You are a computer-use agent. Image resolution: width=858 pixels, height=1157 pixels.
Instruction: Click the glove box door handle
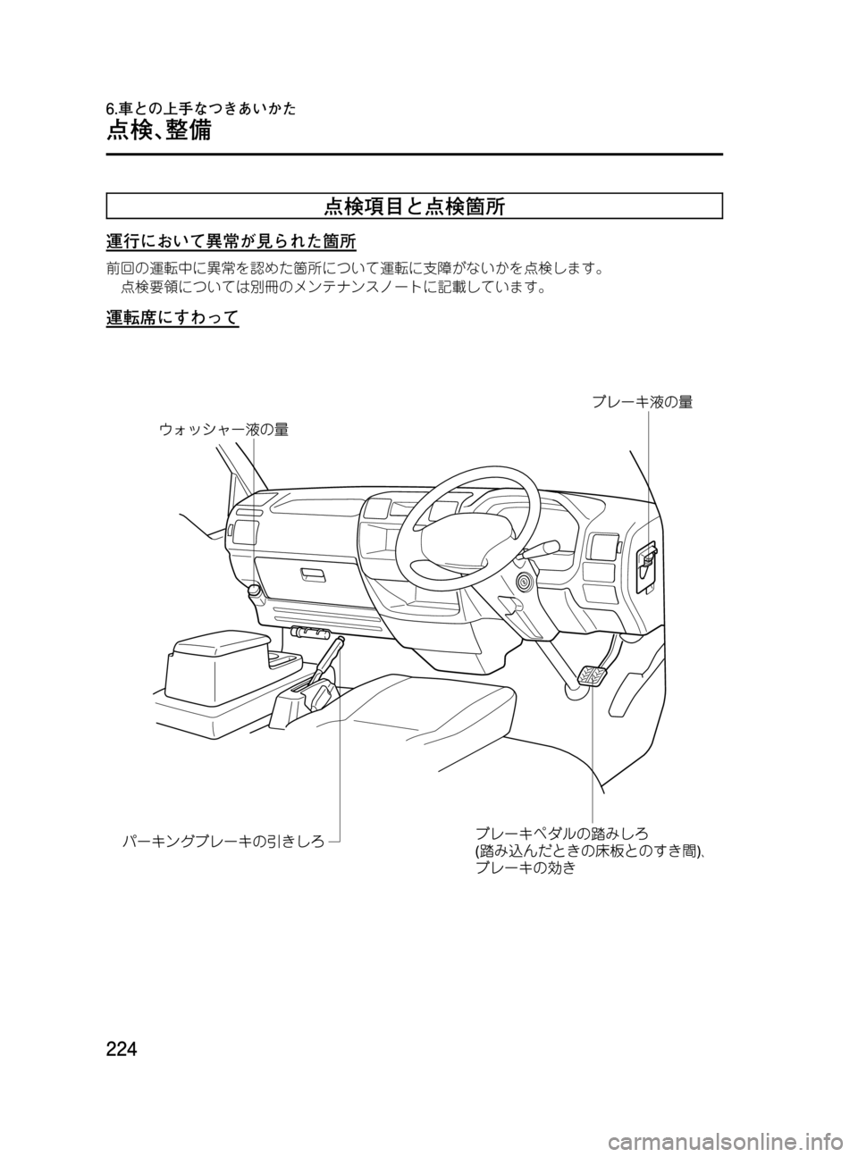point(313,576)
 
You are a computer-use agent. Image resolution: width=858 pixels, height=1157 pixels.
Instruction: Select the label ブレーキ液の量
point(642,402)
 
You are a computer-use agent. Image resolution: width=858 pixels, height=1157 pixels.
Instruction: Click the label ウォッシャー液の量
point(224,430)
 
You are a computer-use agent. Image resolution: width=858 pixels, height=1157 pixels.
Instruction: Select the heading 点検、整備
point(159,130)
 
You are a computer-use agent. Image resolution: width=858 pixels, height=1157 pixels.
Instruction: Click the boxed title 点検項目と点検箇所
point(415,207)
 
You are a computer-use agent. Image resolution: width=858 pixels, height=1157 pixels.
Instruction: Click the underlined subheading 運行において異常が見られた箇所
point(231,242)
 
